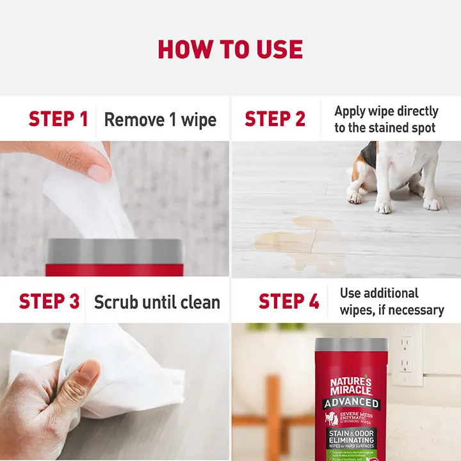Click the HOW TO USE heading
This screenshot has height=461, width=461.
tap(230, 49)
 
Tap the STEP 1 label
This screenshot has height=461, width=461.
tap(58, 119)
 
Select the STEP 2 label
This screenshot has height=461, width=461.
tap(275, 119)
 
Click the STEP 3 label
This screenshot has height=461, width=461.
tap(49, 301)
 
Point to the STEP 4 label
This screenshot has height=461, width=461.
tap(288, 301)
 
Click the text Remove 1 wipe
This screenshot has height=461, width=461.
tap(160, 120)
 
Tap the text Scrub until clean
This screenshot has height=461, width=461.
tap(157, 302)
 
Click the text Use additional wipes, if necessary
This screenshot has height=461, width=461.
tap(392, 302)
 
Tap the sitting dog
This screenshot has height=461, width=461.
tap(397, 173)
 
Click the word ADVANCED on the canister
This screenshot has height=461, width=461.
tap(351, 403)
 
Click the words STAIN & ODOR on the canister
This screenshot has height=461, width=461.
tap(351, 434)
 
